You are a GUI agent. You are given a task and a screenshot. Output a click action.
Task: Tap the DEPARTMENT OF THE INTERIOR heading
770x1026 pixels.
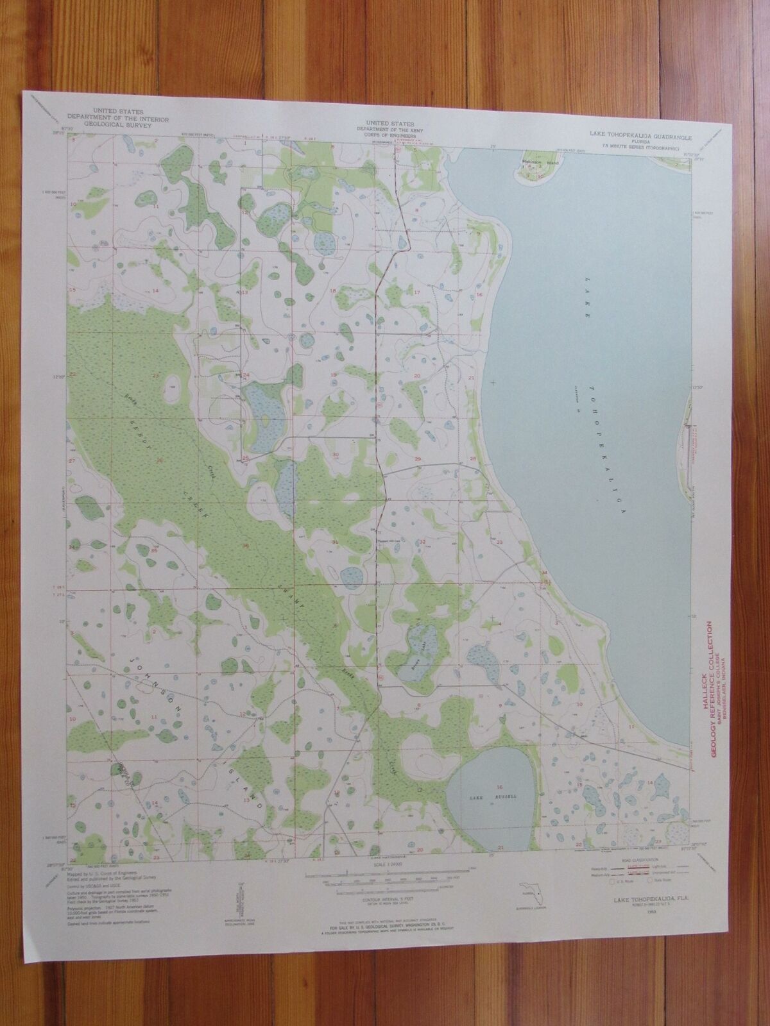coord(117,117)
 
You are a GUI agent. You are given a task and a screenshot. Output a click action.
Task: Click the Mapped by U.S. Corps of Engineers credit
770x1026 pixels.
coord(112,862)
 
